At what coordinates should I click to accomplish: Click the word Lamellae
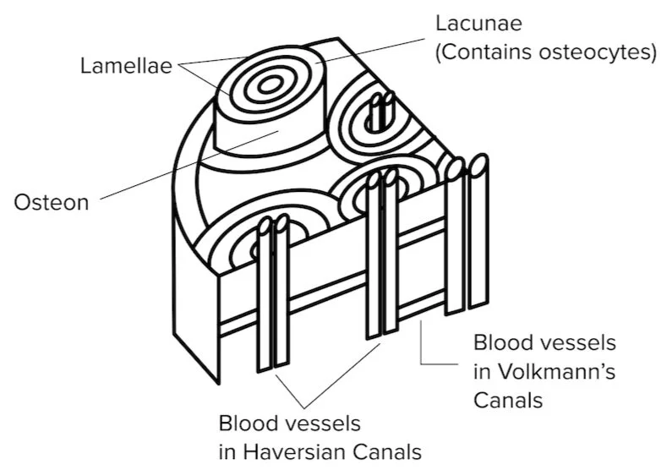click(125, 65)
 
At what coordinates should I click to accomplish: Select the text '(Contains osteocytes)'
click(546, 52)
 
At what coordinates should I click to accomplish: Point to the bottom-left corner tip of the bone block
click(217, 383)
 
